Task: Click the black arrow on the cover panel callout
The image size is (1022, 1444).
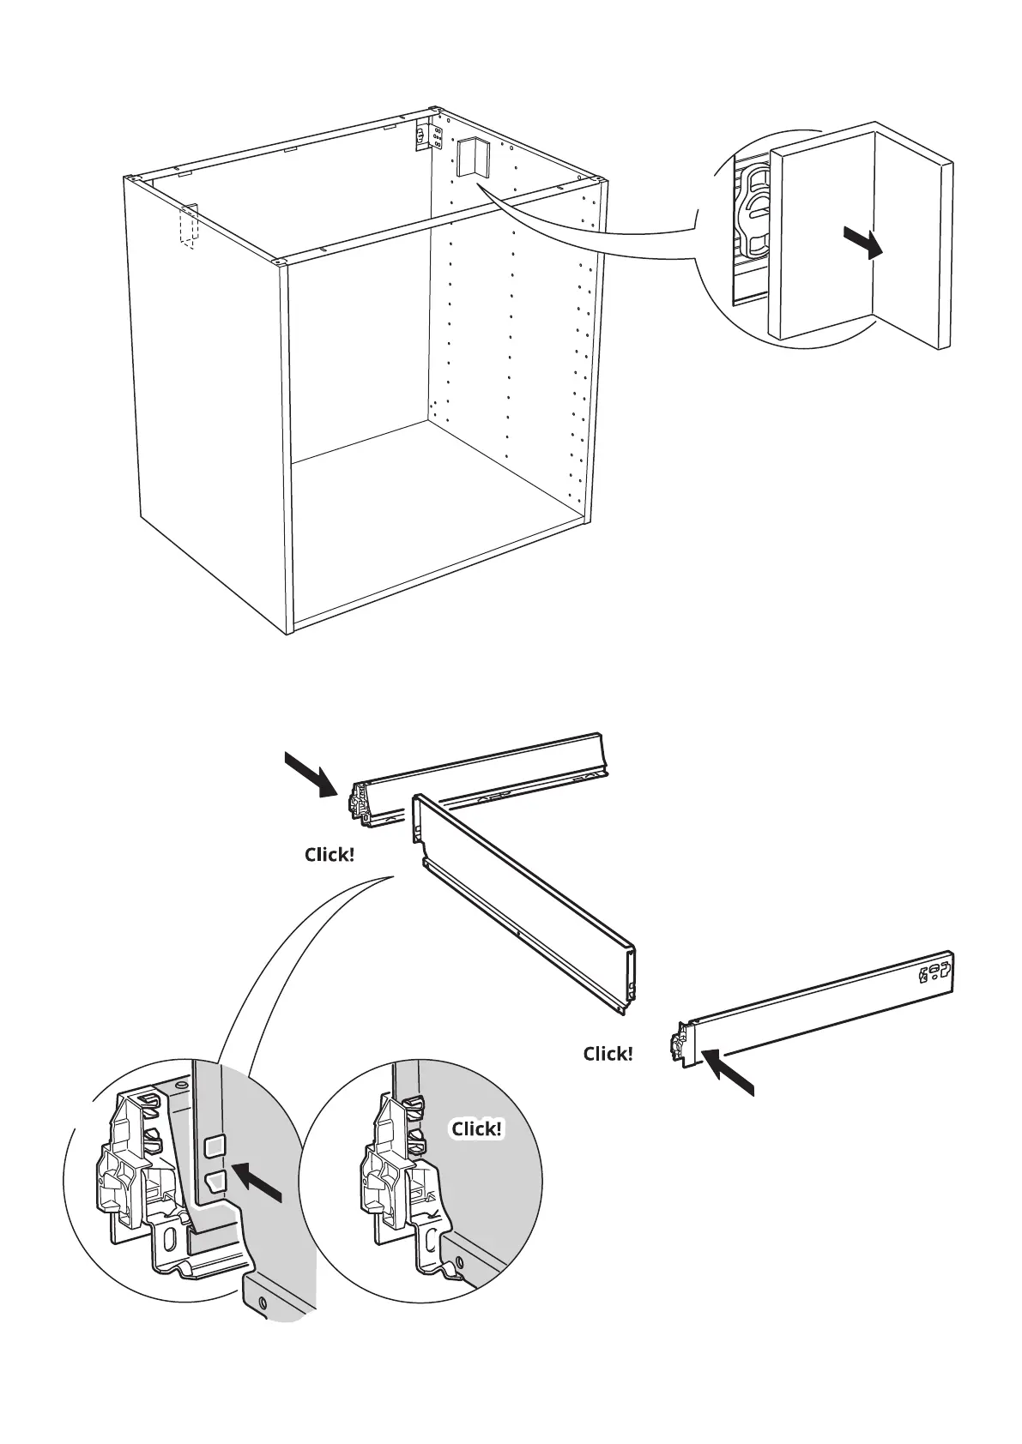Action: point(862,243)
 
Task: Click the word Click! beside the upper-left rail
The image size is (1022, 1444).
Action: point(329,855)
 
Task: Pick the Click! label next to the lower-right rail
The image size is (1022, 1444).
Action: point(608,1054)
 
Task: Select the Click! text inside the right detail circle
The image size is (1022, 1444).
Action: point(476,1128)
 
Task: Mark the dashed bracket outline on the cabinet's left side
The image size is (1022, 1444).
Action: point(187,226)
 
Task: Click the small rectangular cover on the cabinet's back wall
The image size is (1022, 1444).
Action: point(474,157)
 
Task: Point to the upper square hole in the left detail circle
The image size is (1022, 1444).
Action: point(214,1145)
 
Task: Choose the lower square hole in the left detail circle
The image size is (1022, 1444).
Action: point(215,1181)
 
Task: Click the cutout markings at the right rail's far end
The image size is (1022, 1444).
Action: point(934,972)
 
